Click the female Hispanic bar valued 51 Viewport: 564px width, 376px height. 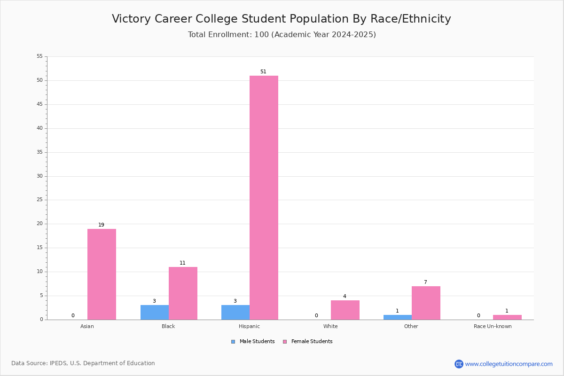click(264, 198)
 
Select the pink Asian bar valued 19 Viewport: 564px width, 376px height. click(102, 274)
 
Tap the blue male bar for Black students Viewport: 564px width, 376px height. click(155, 313)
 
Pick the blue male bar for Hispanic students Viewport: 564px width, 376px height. click(235, 313)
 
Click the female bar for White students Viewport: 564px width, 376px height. click(345, 310)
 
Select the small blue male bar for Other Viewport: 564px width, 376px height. click(398, 317)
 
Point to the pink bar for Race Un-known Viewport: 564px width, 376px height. click(507, 317)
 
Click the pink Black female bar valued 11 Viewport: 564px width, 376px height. click(183, 293)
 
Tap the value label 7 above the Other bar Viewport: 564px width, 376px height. click(425, 282)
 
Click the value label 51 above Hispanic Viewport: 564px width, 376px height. click(263, 71)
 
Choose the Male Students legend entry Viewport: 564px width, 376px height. click(253, 342)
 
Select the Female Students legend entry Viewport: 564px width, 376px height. click(308, 342)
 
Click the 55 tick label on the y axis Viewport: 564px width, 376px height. click(40, 56)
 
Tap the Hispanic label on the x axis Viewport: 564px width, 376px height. click(249, 326)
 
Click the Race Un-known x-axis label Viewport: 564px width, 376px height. click(493, 326)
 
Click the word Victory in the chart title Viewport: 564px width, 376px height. click(131, 19)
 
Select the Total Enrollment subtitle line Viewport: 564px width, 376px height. click(282, 34)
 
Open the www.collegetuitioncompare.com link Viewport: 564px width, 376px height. click(509, 364)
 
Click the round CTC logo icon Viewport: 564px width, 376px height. click(459, 364)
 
